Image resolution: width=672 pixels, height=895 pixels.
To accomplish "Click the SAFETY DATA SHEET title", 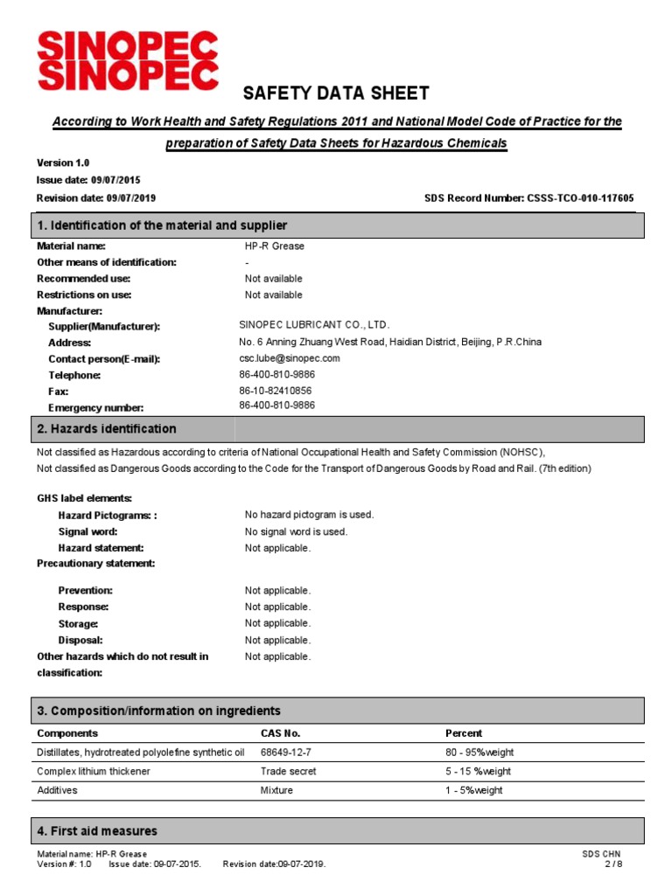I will click(335, 94).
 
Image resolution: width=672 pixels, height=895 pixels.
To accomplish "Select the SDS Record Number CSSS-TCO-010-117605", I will click(529, 198).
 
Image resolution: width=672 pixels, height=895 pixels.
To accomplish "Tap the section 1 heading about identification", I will click(162, 225).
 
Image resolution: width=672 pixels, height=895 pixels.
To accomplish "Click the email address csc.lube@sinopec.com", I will click(289, 358).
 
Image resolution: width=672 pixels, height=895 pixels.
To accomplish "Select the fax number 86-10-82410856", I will click(276, 392).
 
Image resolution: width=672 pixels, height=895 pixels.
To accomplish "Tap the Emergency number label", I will click(95, 408).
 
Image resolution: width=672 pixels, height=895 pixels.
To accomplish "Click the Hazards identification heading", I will click(107, 429).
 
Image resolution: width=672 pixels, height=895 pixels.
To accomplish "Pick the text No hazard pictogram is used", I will click(309, 515).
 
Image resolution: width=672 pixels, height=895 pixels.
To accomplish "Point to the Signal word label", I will click(87, 531).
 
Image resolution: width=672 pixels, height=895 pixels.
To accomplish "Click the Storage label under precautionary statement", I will click(78, 624).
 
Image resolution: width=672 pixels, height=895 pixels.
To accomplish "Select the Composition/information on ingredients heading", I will click(158, 711).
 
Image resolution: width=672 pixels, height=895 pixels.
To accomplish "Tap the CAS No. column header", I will click(280, 733).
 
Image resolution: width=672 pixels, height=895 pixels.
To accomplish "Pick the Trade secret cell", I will click(288, 772).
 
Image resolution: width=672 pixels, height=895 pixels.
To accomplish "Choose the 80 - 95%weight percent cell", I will click(486, 753).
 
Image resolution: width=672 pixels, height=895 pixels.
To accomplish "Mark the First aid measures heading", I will click(97, 830).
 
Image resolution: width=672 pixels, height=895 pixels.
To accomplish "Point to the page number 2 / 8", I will click(613, 864).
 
